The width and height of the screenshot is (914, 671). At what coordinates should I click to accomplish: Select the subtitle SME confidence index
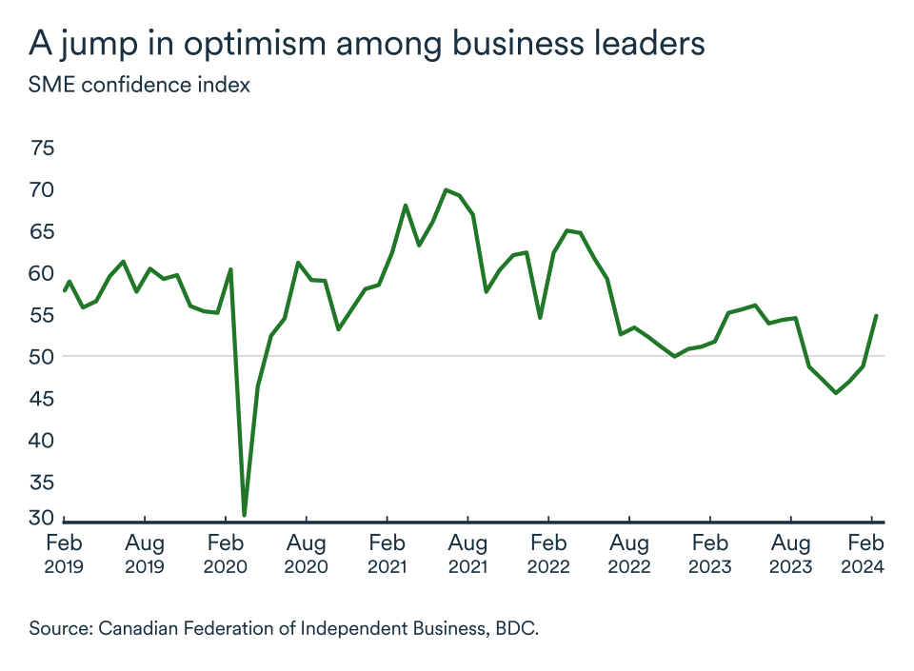[x=140, y=85]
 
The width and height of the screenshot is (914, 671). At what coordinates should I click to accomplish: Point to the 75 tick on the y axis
[x=43, y=148]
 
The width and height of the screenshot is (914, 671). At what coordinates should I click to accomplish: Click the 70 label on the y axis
[x=43, y=190]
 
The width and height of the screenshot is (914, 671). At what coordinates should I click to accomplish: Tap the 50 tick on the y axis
[x=43, y=357]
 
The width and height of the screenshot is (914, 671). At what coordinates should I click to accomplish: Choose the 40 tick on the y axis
[x=43, y=441]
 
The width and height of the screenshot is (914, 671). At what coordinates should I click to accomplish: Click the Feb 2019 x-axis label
[x=65, y=554]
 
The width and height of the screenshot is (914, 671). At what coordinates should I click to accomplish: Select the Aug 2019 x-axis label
[x=145, y=554]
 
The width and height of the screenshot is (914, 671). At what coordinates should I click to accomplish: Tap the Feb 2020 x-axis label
[x=226, y=554]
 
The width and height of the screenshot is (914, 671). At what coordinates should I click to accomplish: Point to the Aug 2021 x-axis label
[x=467, y=554]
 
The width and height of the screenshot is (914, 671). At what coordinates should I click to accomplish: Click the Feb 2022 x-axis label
[x=548, y=554]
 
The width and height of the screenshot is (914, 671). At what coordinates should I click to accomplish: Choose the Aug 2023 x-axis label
[x=790, y=554]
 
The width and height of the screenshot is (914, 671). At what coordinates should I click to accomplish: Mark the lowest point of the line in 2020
[x=245, y=515]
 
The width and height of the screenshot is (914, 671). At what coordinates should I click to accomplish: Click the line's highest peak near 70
[x=446, y=189]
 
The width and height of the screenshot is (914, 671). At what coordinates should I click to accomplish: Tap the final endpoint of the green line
[x=876, y=316]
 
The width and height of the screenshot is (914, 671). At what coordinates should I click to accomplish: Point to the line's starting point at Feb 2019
[x=64, y=290]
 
